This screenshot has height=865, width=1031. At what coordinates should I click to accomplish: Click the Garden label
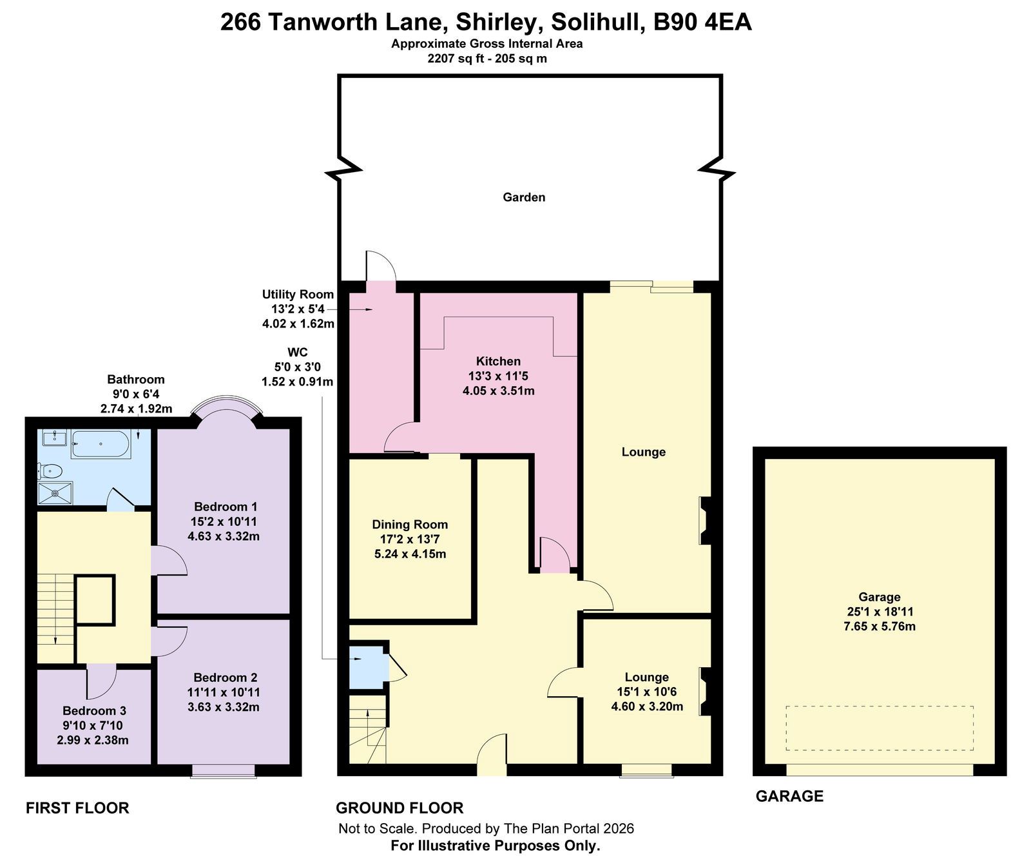[524, 197]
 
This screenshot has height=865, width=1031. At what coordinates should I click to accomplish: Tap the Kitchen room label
[498, 361]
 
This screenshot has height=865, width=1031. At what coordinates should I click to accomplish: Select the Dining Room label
[410, 525]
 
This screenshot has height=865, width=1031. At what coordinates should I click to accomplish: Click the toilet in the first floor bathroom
[50, 471]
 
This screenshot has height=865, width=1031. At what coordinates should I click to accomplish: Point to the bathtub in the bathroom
[101, 444]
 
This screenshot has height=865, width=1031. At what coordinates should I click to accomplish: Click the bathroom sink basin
[54, 438]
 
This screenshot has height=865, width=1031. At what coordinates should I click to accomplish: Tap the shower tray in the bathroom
[55, 494]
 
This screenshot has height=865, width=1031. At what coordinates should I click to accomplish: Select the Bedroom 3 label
[94, 711]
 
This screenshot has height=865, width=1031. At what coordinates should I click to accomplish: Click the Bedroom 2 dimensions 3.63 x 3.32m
[224, 707]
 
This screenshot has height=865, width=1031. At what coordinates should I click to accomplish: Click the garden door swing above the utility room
[381, 266]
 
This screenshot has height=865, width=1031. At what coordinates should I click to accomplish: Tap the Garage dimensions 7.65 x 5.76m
[879, 627]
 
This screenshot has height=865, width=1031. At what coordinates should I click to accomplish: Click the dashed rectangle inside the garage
[879, 728]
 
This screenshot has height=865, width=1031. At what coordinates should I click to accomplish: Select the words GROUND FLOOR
[400, 808]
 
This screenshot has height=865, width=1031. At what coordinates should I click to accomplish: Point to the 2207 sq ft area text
[458, 58]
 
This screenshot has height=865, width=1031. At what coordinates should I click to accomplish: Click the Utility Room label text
[298, 295]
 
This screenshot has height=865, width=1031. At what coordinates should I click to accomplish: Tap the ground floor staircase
[368, 729]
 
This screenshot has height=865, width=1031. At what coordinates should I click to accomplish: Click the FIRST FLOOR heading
[77, 808]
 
